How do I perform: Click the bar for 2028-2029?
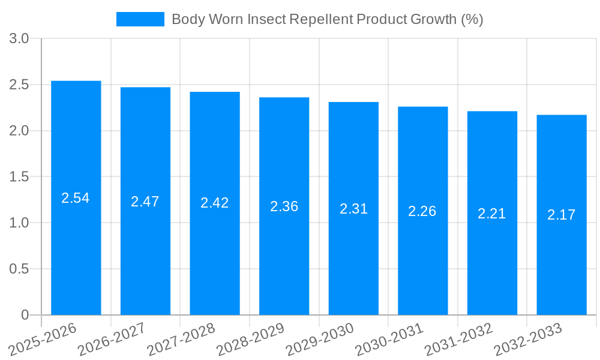pyautogui.click(x=284, y=252)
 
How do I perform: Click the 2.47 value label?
pyautogui.click(x=145, y=202)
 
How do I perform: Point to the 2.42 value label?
pyautogui.click(x=215, y=203)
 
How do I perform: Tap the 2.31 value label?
pyautogui.click(x=353, y=209)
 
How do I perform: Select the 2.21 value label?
pyautogui.click(x=492, y=214)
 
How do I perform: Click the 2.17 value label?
pyautogui.click(x=562, y=215)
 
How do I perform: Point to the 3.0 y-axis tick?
pyautogui.click(x=19, y=39)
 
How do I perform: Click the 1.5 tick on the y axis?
pyautogui.click(x=19, y=177)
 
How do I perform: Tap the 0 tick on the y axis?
pyautogui.click(x=25, y=315)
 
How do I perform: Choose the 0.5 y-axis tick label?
pyautogui.click(x=19, y=269)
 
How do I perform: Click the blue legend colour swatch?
pyautogui.click(x=140, y=19)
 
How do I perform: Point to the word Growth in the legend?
pyautogui.click(x=433, y=19)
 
